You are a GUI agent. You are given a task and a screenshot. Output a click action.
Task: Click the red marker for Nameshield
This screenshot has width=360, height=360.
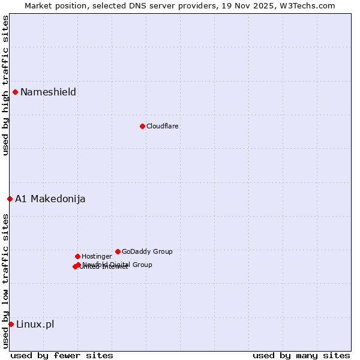point(15,92)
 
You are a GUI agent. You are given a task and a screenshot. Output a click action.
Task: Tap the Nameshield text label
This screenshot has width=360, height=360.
point(48,92)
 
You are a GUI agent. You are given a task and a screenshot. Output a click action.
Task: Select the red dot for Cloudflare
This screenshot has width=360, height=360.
point(142,126)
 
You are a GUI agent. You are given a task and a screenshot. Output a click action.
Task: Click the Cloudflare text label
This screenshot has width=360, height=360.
point(163,126)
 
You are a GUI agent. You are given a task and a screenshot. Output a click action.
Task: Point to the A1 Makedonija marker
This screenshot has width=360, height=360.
point(10,199)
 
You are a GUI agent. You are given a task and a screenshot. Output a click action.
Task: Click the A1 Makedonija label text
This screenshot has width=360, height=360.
point(50,199)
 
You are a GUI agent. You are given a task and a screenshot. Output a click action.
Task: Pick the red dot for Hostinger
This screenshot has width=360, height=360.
point(77,256)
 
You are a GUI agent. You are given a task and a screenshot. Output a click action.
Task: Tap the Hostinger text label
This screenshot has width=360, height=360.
point(97,256)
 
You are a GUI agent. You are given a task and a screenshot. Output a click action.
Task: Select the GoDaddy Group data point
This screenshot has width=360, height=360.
point(118,251)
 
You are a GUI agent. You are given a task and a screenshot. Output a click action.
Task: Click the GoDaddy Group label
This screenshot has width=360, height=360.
point(147,251)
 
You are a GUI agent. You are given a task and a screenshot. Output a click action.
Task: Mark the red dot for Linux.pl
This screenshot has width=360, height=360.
point(11,324)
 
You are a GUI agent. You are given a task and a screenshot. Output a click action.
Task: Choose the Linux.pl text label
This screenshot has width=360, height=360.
point(35,324)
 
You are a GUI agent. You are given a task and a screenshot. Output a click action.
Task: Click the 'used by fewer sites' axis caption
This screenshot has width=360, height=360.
point(62,355)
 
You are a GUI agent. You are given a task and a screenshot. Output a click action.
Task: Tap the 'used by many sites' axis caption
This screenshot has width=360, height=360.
point(301,355)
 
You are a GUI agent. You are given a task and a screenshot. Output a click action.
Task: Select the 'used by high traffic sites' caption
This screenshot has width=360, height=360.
point(5,85)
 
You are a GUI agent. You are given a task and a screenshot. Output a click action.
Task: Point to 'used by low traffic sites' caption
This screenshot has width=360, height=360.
point(5,280)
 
